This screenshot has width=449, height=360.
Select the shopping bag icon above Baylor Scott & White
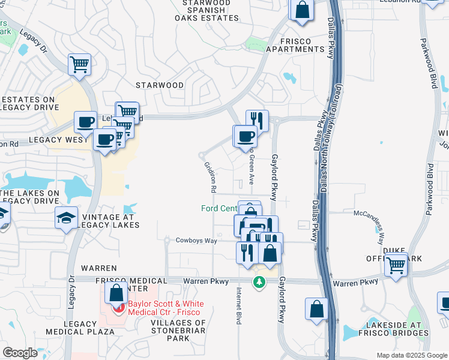click(116, 293)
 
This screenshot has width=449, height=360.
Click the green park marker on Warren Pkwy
click(259, 282)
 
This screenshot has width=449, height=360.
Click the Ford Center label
click(219, 209)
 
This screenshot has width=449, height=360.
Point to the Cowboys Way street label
click(196, 241)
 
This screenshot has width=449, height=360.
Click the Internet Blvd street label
click(239, 306)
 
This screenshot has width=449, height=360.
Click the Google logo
click(20, 353)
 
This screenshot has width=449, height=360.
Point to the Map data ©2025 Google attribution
click(411, 355)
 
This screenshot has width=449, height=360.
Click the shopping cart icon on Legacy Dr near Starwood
click(79, 64)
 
